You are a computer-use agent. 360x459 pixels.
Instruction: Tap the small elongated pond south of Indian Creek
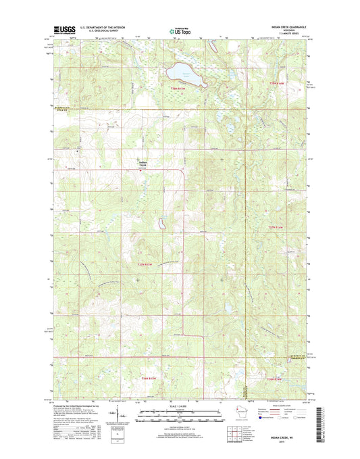click(x=161, y=222)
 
